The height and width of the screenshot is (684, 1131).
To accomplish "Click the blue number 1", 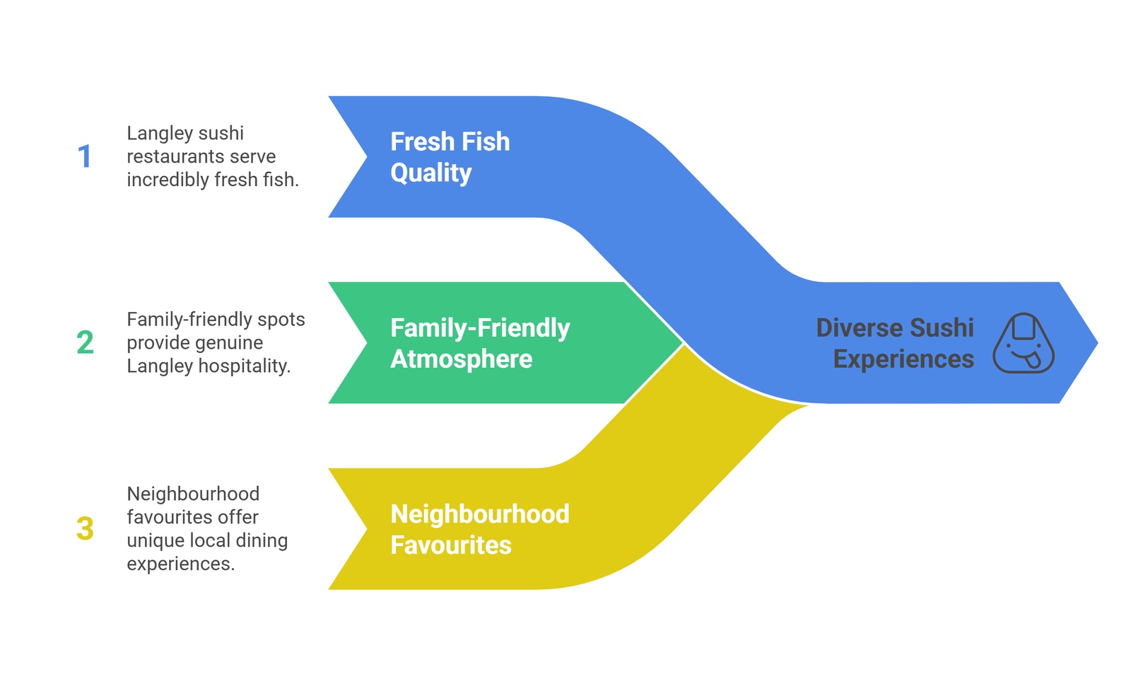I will [85, 157].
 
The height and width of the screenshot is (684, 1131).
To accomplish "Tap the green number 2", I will [85, 343].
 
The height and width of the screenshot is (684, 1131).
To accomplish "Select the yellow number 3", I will [85, 529].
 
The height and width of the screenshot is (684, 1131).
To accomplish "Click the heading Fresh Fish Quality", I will [450, 157].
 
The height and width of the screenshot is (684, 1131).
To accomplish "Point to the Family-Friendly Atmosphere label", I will [479, 343].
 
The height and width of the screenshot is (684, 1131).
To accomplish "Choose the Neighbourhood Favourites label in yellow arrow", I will [479, 529].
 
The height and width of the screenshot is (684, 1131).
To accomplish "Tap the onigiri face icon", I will [1023, 343].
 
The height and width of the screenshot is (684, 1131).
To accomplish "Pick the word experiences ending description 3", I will [180, 564].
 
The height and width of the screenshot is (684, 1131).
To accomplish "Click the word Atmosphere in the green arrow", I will [461, 359].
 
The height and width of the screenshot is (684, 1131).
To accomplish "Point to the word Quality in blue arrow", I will [430, 173].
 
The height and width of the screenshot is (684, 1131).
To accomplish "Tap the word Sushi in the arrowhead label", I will [942, 327].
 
